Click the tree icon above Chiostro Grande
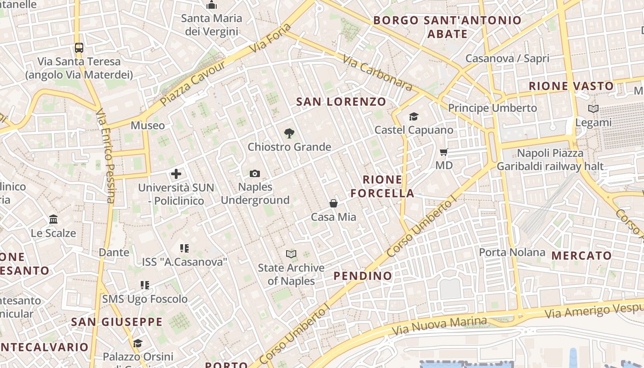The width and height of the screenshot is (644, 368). tap(289, 133)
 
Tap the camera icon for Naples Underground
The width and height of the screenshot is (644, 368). tap(255, 173)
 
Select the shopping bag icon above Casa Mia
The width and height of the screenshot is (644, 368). tap(333, 203)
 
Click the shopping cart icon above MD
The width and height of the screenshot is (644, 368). tap(444, 152)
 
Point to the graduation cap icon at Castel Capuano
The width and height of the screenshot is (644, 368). tap(414, 116)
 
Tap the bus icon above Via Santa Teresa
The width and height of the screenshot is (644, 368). tap(79, 47)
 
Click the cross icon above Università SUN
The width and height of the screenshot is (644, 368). tap(176, 174)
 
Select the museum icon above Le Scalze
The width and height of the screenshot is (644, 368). tap(53, 219)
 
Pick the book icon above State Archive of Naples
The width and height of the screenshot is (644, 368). tap(291, 254)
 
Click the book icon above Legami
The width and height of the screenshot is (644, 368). tap(593, 109)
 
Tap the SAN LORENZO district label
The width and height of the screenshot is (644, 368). tap(341, 102)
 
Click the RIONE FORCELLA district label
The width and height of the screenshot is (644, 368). tap(382, 186)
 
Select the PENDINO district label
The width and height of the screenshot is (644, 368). tap(363, 276)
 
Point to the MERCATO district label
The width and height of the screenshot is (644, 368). tap(581, 256)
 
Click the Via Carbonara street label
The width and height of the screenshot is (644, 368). tap(377, 73)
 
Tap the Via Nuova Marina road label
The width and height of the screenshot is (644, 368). tap(439, 326)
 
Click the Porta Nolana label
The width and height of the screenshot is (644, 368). tap(512, 252)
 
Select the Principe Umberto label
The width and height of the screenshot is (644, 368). tap(492, 108)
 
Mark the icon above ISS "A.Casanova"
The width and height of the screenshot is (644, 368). tap(184, 248)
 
